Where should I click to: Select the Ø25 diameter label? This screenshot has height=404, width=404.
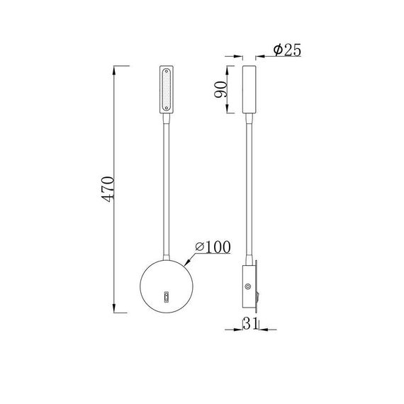click(x=286, y=50)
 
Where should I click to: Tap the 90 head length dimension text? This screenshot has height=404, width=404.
click(x=220, y=89)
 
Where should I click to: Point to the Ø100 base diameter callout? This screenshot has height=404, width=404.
click(x=211, y=247)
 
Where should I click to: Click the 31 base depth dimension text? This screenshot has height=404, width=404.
click(x=248, y=324)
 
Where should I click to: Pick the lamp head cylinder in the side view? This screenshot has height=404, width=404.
click(x=249, y=89)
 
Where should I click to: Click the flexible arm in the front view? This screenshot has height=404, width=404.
click(x=167, y=184)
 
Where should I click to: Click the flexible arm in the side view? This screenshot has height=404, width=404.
click(x=249, y=191)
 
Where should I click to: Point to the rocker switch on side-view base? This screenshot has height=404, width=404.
click(x=260, y=290)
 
